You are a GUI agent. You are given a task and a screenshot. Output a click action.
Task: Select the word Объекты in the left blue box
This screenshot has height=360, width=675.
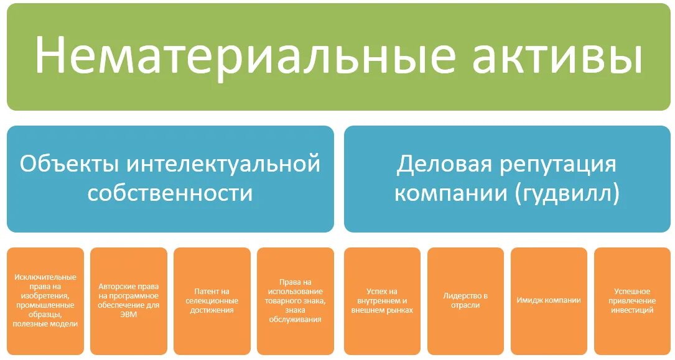[x=69, y=164]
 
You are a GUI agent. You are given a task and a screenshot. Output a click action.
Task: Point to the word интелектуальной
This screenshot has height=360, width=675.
[x=224, y=164]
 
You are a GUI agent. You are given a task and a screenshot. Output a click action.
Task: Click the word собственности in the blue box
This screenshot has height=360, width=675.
[x=170, y=193]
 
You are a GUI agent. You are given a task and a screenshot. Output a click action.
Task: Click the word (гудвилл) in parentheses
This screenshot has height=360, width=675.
[x=567, y=193]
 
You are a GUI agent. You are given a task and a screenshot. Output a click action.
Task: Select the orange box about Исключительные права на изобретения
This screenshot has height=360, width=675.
[x=45, y=301]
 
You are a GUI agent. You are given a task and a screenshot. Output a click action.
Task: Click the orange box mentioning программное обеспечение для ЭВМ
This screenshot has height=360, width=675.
[x=129, y=301]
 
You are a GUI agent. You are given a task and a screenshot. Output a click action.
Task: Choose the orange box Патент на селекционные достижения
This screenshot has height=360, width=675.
[x=212, y=301]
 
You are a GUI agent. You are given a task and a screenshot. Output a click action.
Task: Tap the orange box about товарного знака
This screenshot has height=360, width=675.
[x=296, y=301]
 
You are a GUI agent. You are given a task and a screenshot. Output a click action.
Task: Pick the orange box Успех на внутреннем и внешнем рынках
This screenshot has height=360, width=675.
[x=382, y=301]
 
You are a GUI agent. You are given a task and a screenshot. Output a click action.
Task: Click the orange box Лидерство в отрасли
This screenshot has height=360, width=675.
[x=465, y=301]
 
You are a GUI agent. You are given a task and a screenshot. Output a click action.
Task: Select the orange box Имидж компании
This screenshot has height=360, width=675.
[x=549, y=301]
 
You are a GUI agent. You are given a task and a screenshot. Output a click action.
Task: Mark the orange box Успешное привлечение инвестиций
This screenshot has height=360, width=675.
[x=632, y=301]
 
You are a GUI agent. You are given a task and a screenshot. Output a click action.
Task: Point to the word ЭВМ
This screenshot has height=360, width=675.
[x=129, y=315]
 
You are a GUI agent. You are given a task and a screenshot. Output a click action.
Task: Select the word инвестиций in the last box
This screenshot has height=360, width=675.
[x=632, y=310]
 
